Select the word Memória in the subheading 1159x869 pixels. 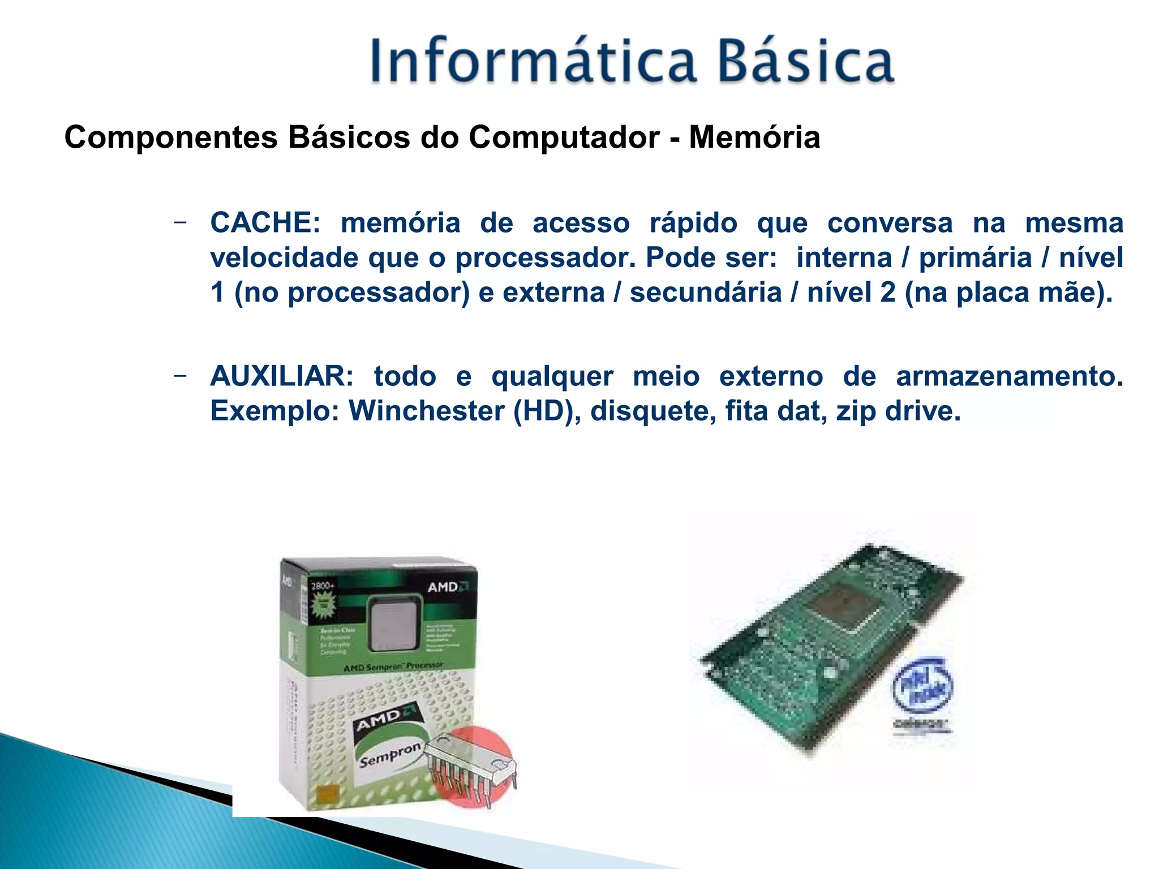click(x=754, y=137)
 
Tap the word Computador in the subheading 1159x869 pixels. click(x=564, y=137)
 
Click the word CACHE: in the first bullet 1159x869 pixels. click(x=265, y=223)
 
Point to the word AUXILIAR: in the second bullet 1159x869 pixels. click(x=282, y=376)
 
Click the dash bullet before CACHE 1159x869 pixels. click(x=180, y=222)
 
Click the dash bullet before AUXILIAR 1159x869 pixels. click(x=180, y=375)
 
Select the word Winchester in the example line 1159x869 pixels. click(x=426, y=411)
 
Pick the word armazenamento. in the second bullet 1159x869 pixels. click(x=1010, y=376)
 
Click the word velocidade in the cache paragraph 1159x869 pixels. click(x=284, y=258)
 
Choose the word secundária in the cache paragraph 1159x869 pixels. click(x=706, y=292)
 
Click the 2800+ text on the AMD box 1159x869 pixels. click(x=323, y=586)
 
